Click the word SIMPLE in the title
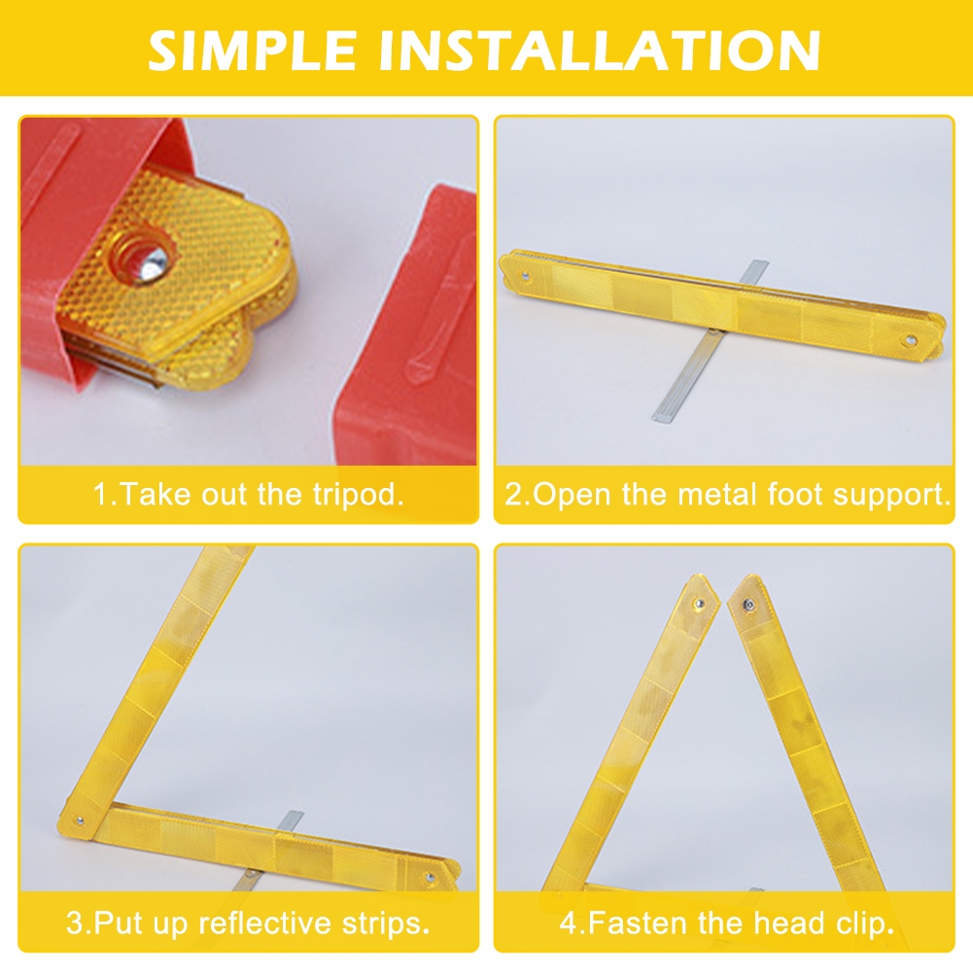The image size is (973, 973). click(252, 50)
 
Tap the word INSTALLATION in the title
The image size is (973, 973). click(599, 50)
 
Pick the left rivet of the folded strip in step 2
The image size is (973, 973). click(526, 275)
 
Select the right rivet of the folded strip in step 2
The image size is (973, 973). click(911, 340)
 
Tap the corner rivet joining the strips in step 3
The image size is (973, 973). click(80, 820)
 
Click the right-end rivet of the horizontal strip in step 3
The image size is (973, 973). click(429, 877)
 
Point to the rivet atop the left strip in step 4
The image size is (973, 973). click(699, 604)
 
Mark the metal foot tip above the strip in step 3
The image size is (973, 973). click(291, 817)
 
